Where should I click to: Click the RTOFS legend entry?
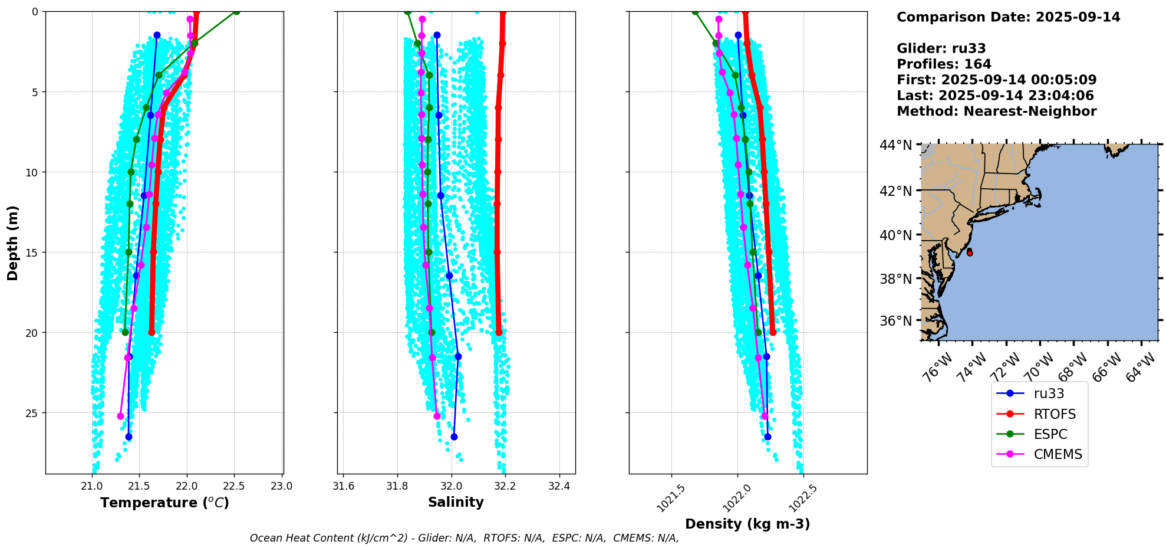point(1054,414)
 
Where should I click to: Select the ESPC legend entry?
point(1050,434)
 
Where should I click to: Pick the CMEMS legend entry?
point(1058,454)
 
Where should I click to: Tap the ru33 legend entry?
point(1049,393)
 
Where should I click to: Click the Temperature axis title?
point(164,503)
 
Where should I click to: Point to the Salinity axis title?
point(456,502)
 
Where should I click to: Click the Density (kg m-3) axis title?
point(747,524)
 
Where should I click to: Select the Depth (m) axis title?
point(13,242)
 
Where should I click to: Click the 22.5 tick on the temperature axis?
point(235,486)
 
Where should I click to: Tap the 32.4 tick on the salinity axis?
point(559,486)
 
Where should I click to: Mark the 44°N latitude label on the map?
point(895,145)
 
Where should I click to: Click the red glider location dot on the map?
point(970,252)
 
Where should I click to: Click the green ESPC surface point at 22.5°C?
point(236,11)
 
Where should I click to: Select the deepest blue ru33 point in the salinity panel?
point(454,437)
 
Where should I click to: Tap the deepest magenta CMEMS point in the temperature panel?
point(121,416)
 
